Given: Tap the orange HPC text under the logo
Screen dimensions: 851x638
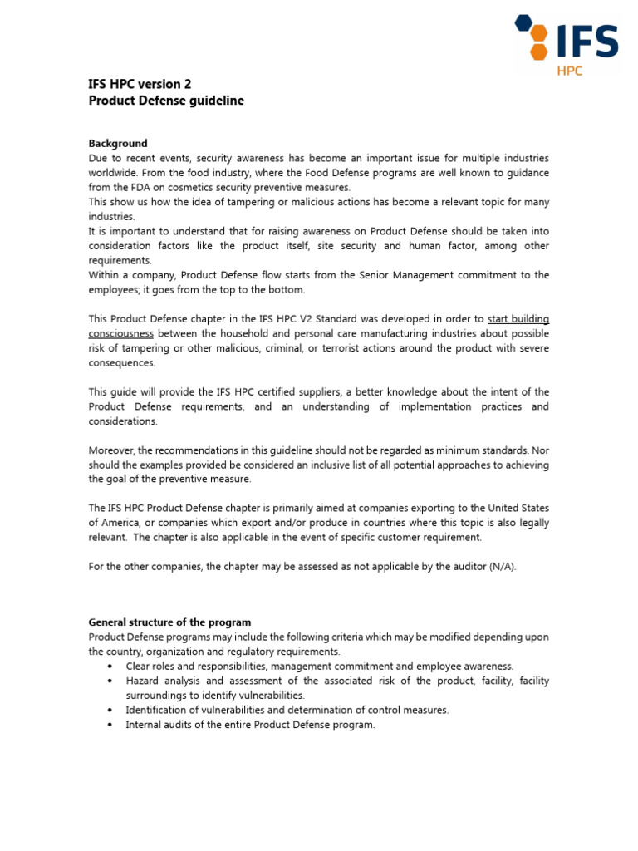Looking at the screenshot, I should (570, 71).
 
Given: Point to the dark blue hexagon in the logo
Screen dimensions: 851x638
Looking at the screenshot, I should (523, 22).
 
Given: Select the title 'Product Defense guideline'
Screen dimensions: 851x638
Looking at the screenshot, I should (166, 101).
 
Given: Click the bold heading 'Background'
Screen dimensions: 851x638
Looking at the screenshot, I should (118, 144).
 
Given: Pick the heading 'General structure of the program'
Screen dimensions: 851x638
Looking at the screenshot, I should (169, 622).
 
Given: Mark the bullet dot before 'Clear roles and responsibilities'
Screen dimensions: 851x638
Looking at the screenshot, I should (110, 667).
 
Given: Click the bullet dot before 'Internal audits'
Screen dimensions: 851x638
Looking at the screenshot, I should (110, 725).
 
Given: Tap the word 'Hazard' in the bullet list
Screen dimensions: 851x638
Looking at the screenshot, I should (143, 681).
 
